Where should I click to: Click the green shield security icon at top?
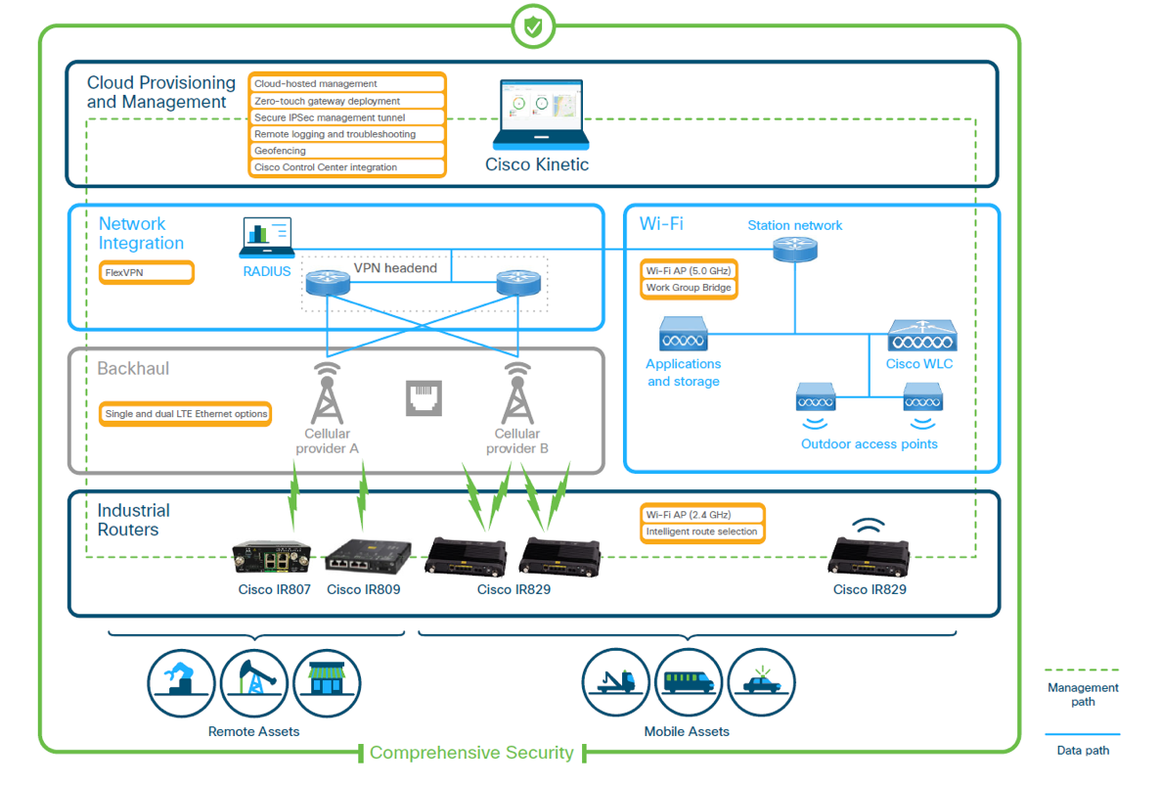(x=532, y=26)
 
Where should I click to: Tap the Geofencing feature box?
(x=348, y=151)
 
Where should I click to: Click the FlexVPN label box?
(x=147, y=272)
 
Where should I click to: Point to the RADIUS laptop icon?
(x=267, y=237)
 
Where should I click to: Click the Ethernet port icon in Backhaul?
(x=424, y=397)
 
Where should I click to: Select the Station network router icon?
(x=794, y=250)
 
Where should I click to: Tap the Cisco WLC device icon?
(x=921, y=338)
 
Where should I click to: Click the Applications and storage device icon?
(x=684, y=335)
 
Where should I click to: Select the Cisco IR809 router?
(x=363, y=555)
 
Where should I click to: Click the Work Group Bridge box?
(x=689, y=288)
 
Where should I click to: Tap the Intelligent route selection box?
(x=701, y=532)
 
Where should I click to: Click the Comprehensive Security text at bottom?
(x=471, y=753)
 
